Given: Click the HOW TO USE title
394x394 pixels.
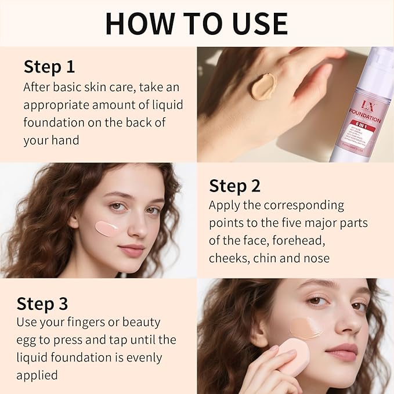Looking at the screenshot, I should [197, 23].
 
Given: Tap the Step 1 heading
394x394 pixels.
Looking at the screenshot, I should [49, 67].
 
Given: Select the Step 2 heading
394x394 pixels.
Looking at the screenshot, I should [234, 186].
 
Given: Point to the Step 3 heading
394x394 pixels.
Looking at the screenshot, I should [42, 303].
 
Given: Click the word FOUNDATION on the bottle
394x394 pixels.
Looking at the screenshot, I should [364, 120].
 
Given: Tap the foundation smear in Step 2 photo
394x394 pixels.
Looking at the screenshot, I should [107, 227].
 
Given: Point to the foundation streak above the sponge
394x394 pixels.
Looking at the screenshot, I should [306, 328].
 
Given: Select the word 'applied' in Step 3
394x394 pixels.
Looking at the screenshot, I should [37, 375].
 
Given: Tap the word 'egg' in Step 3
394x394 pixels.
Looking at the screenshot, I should [28, 339].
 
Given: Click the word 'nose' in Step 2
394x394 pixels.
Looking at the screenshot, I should [316, 258].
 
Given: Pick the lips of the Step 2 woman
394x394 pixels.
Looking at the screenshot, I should [132, 251].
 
